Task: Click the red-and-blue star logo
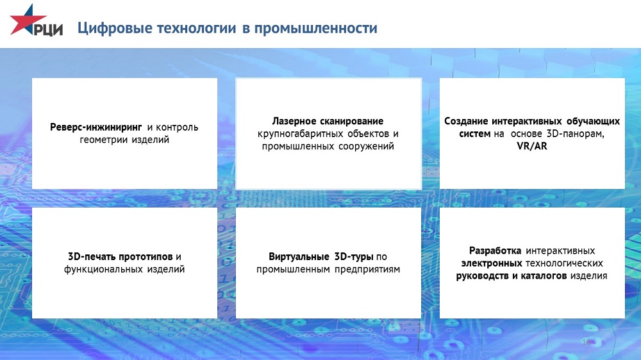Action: click(28, 20)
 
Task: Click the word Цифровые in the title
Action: click(115, 28)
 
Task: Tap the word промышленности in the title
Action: click(315, 28)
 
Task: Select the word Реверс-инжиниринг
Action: click(96, 127)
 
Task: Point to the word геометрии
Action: click(104, 140)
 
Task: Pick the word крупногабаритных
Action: click(301, 134)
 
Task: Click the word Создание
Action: click(466, 121)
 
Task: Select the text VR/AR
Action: click(532, 146)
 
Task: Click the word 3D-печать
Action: click(92, 257)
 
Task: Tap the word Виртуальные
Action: click(299, 257)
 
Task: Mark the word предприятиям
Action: click(367, 269)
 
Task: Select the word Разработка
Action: click(495, 250)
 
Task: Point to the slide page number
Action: click(587, 341)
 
